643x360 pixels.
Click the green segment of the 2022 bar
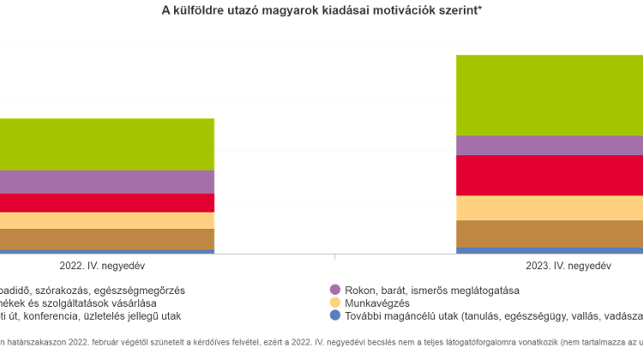click(107, 144)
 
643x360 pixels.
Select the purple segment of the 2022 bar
click(107, 182)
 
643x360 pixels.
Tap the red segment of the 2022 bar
click(107, 203)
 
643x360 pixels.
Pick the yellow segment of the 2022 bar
click(107, 220)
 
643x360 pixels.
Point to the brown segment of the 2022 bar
click(107, 239)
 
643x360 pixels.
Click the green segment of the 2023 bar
click(549, 94)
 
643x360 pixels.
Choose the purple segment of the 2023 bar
click(549, 145)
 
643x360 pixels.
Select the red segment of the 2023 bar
click(549, 175)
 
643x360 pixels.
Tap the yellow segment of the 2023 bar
click(549, 208)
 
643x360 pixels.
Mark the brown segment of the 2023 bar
click(549, 234)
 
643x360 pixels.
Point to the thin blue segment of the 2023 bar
click(549, 250)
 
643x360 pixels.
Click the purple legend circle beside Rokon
click(336, 290)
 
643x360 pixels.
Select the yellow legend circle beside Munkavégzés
click(336, 303)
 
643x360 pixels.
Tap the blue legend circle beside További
click(336, 315)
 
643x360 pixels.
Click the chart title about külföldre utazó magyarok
click(321, 9)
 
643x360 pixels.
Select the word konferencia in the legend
click(51, 315)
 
